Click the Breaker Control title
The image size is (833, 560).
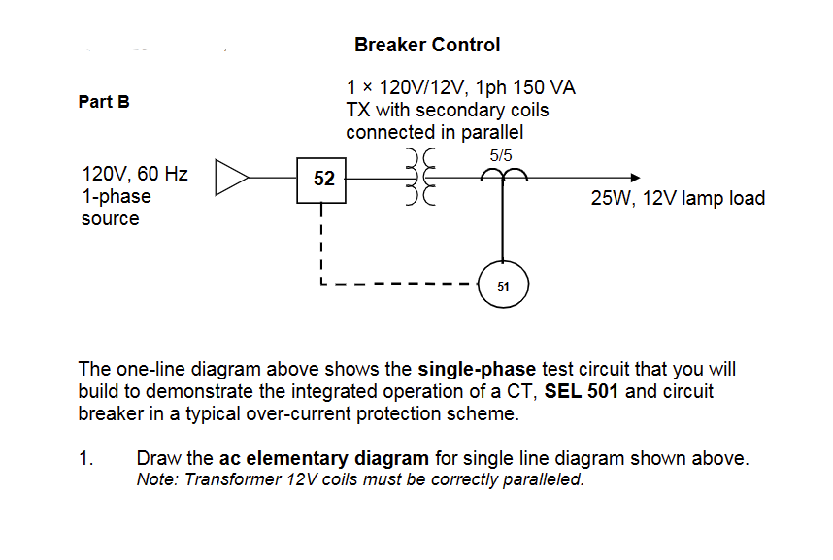(x=427, y=45)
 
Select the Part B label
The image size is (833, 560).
(x=104, y=101)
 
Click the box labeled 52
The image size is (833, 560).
(x=323, y=179)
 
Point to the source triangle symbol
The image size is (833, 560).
(x=230, y=178)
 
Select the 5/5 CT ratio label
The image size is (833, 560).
(x=502, y=155)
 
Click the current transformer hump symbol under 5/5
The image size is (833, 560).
(x=503, y=174)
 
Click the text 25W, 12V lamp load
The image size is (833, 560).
(x=678, y=199)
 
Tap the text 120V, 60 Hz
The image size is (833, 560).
(x=135, y=175)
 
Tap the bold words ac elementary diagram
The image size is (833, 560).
(x=324, y=458)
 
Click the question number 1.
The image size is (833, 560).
(x=85, y=458)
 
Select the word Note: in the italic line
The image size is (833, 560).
(x=154, y=479)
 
